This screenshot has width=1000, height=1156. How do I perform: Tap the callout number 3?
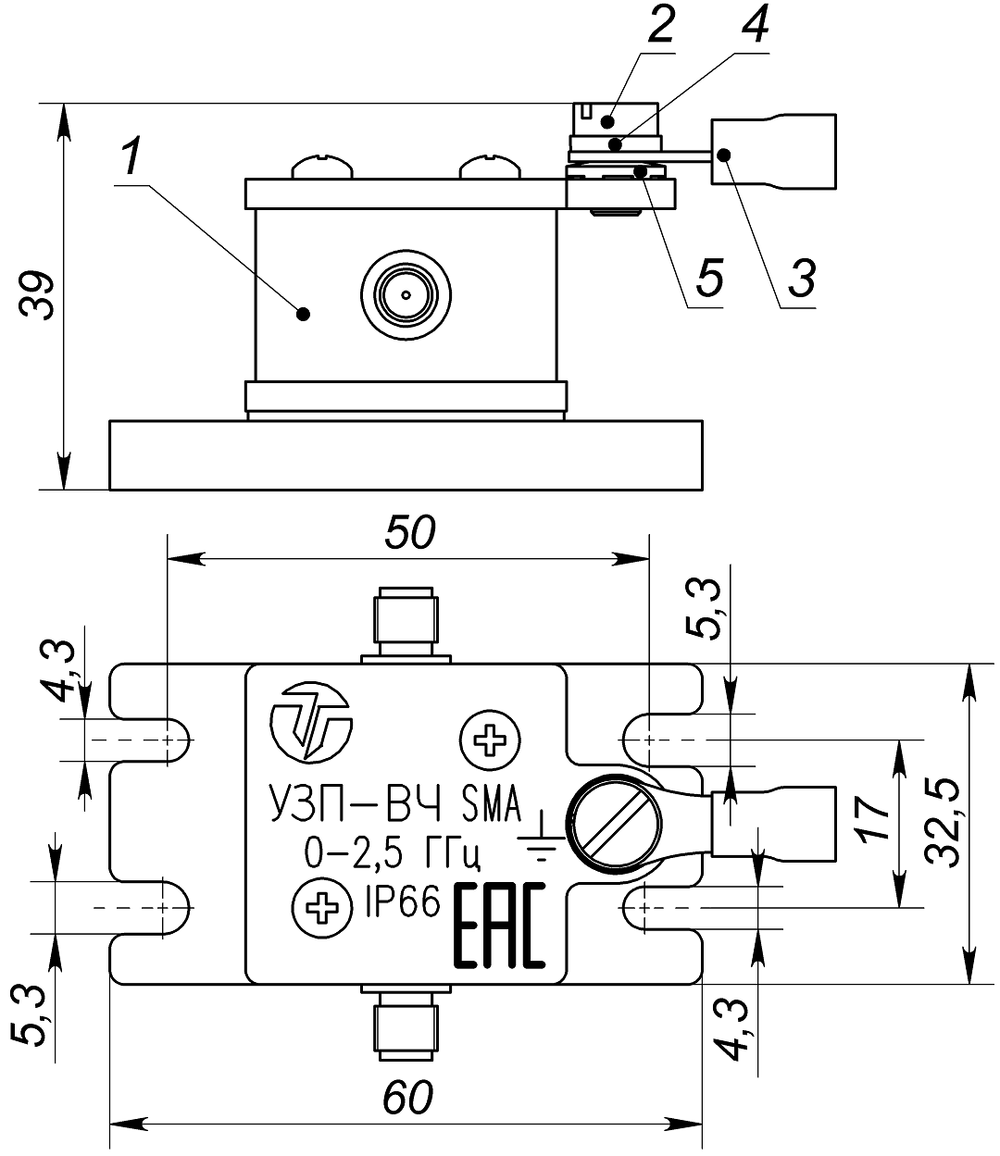click(802, 274)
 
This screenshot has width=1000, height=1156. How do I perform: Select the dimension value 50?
click(408, 533)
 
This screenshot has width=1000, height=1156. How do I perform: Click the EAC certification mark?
click(498, 926)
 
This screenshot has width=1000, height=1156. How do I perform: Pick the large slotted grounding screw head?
click(615, 824)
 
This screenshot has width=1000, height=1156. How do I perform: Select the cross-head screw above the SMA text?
click(490, 739)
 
